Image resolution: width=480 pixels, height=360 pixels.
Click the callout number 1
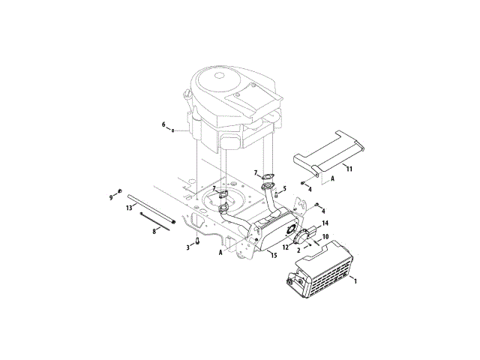coord(355,280)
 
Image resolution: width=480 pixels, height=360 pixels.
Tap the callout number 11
coord(349,169)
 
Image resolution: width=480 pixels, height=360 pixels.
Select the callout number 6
coord(163,124)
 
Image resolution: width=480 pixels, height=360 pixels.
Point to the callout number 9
coord(111,198)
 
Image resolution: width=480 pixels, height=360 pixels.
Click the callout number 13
coord(129,208)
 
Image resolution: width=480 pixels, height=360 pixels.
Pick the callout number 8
coord(154,232)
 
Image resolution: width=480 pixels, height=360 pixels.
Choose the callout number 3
coord(188,247)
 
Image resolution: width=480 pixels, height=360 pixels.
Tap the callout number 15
coord(274,255)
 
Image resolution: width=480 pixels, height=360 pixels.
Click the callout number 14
coord(325,223)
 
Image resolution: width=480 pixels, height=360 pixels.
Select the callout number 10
coord(325,237)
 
